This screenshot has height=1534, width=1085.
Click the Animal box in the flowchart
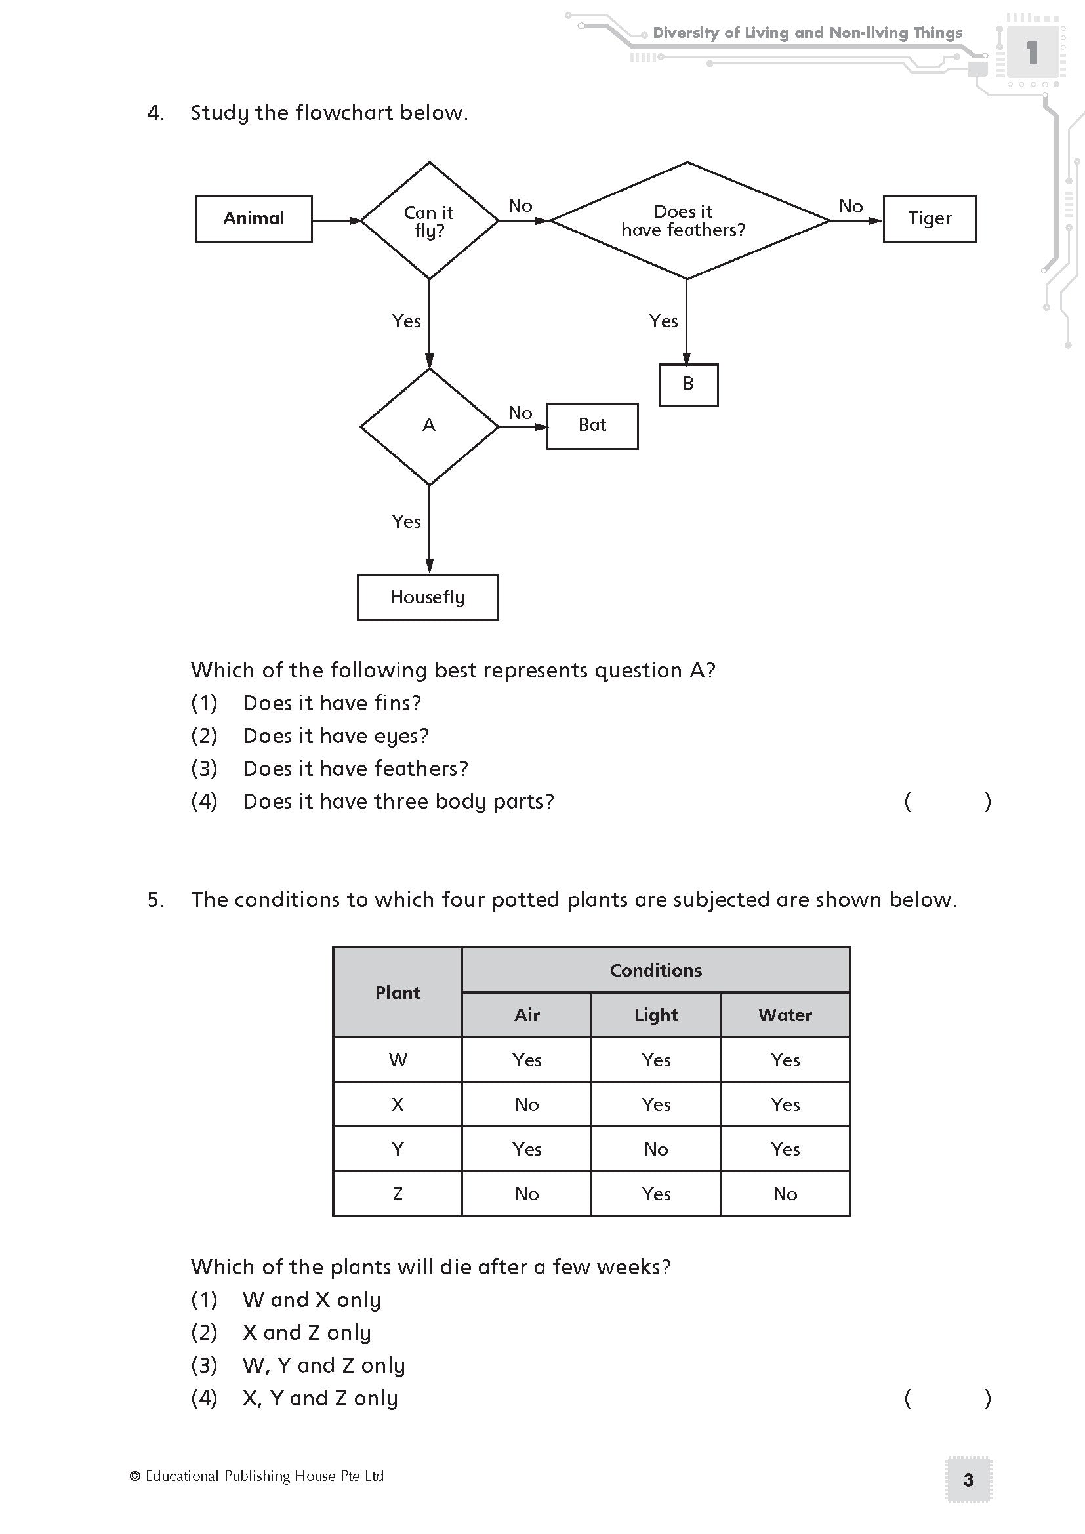254,218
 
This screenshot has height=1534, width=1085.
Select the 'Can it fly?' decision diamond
429,220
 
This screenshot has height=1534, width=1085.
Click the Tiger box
930,218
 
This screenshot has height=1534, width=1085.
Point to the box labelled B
688,384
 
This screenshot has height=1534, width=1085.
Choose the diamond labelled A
429,426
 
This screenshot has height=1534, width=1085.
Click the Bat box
592,426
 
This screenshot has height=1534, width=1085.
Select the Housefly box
428,597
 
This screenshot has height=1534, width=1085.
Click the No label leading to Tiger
851,207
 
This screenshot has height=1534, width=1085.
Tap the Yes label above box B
663,321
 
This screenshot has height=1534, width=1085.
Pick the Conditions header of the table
655,970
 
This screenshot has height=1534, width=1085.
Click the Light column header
655,1015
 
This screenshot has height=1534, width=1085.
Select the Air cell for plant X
527,1104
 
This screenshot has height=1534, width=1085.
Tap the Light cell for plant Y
655,1149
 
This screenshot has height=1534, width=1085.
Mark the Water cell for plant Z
785,1194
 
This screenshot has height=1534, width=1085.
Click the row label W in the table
398,1060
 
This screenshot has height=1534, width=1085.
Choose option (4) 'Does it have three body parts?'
398,801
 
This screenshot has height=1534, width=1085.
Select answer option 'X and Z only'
306,1332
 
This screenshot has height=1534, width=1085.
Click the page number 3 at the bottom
968,1480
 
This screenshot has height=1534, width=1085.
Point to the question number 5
155,900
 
